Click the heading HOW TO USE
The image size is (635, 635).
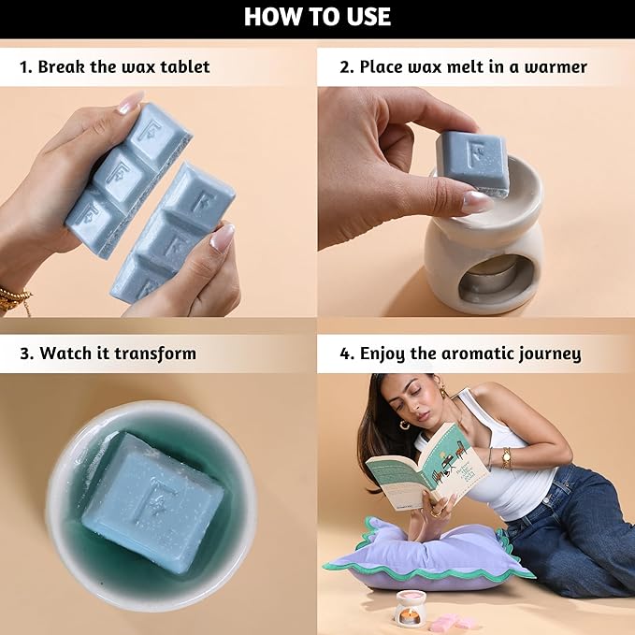pos(317,17)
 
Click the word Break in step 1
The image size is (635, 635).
pos(60,66)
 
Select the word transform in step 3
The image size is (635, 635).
pos(155,354)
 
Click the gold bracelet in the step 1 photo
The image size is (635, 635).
pos(15,299)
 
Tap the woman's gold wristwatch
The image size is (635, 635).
pos(505,458)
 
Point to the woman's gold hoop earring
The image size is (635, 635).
pos(404,425)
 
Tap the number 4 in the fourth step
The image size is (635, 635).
pos(345,354)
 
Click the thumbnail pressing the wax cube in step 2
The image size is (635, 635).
pos(478,201)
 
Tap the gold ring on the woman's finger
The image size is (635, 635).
pos(436,513)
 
